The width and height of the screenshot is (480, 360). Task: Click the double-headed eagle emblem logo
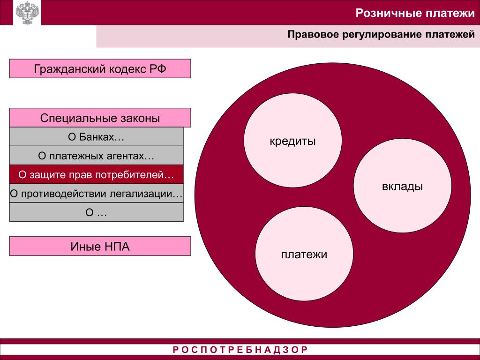point(26,13)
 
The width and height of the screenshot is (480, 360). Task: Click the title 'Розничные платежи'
point(415,13)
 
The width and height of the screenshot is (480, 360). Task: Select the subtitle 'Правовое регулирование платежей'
point(381,35)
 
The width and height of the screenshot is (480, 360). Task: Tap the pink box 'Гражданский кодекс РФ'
point(100,68)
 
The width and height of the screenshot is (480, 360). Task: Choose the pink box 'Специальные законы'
point(100,118)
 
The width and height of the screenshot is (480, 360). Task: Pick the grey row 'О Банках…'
point(96,137)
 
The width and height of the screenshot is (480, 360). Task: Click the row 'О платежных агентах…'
point(96,156)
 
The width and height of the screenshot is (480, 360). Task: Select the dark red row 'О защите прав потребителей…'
point(96,175)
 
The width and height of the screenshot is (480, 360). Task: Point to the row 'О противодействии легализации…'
point(96,194)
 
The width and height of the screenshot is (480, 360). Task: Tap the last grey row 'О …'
point(96,212)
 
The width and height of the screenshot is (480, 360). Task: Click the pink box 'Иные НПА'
point(100,246)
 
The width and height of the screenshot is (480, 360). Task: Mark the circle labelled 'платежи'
point(304,255)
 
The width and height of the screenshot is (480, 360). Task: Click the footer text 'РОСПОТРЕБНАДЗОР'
point(240,350)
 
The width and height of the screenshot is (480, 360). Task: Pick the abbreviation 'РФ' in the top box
point(158,69)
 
